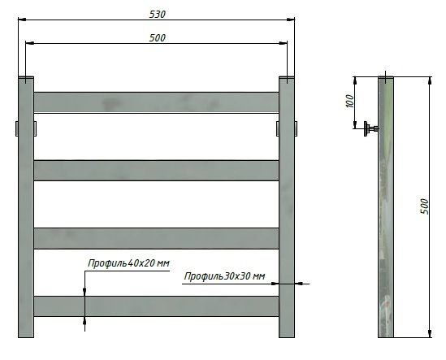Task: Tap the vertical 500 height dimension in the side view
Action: coord(423,206)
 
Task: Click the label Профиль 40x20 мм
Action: coord(128,263)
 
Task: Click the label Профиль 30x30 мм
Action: coord(225,277)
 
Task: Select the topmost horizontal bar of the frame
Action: coord(156,102)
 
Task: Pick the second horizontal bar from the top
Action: coord(156,169)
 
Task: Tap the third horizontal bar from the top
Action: coord(156,237)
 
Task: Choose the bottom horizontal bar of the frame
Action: coord(156,306)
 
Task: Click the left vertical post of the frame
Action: coord(26,207)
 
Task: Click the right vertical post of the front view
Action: coord(288,207)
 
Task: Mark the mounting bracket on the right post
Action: coord(296,128)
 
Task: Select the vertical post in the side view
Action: coord(387,207)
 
